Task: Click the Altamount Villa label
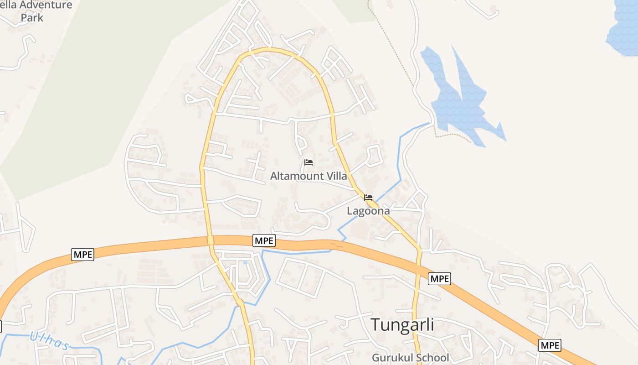pos(309,176)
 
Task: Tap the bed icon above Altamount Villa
pos(309,162)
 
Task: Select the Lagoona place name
pos(368,211)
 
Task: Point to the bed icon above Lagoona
pos(368,198)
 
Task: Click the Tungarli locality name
pos(402,325)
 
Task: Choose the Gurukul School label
pos(410,358)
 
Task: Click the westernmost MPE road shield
pos(82,255)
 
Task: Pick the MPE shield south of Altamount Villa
pos(264,240)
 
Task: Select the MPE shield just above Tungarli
pos(439,278)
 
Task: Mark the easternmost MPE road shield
pos(550,345)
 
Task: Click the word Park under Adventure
pos(32,18)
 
